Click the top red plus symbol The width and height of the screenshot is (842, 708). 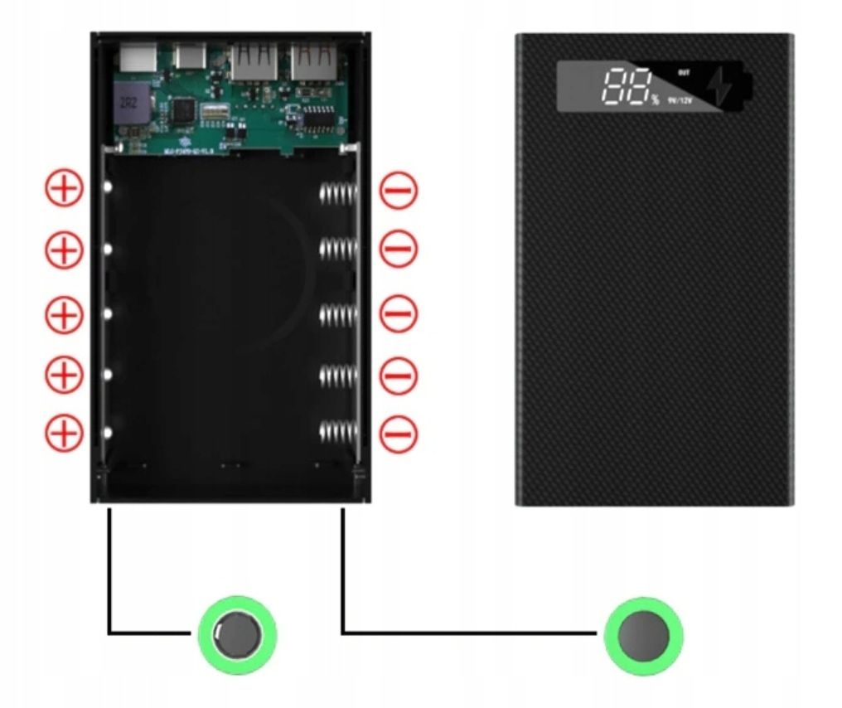pos(64,190)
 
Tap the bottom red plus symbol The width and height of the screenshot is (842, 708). pos(64,433)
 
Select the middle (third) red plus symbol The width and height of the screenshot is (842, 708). pos(64,314)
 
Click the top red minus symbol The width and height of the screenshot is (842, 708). pos(399,191)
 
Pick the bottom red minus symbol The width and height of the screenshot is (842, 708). pos(399,433)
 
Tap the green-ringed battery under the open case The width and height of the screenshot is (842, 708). pos(236,635)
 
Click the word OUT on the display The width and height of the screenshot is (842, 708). pos(684,74)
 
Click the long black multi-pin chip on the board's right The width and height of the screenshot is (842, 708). pos(317,119)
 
